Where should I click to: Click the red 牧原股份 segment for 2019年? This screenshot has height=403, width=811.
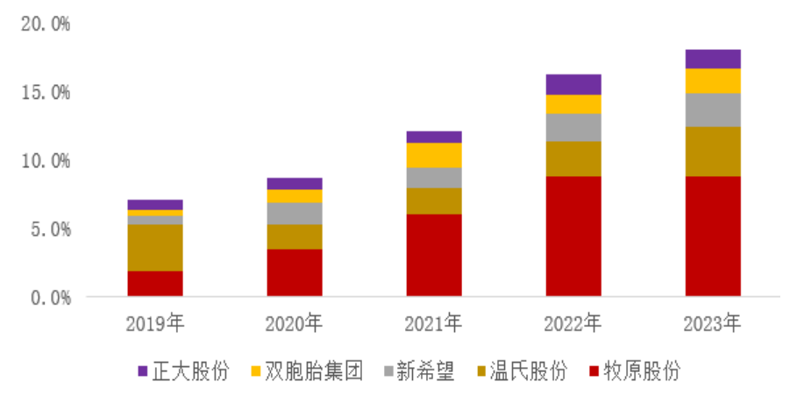[x=155, y=283]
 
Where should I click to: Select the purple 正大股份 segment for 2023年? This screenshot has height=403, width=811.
[x=713, y=59]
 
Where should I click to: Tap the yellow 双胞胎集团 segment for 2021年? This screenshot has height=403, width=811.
[x=434, y=155]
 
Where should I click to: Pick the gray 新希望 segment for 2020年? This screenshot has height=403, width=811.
[x=295, y=213]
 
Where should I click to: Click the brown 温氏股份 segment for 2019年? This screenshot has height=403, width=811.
[x=155, y=248]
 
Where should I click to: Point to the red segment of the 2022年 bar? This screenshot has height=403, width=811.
[x=573, y=236]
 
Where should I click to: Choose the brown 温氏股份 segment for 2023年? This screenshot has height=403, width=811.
[x=713, y=152]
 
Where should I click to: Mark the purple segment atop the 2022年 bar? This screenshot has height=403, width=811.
[x=573, y=84]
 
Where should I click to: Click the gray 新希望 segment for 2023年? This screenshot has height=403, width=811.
[x=713, y=110]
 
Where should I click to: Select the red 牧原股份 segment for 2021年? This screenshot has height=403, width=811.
[x=434, y=255]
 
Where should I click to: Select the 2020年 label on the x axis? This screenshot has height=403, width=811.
[x=295, y=324]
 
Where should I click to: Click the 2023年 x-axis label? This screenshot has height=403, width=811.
[x=713, y=324]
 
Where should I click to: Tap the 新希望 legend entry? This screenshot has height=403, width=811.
[x=420, y=371]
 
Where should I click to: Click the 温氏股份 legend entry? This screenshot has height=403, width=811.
[x=523, y=371]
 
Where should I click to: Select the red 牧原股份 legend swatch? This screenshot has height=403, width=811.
[x=596, y=371]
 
